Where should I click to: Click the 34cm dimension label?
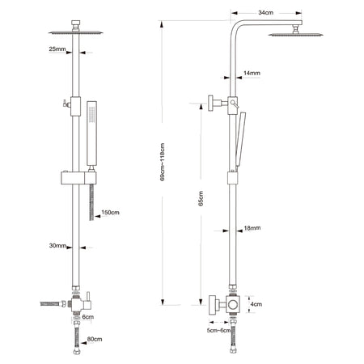265,12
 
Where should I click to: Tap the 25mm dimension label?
57,49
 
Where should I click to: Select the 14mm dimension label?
252,73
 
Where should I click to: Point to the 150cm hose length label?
110,212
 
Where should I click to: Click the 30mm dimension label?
57,245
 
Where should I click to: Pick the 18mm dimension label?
252,228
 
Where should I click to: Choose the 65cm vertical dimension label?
201,198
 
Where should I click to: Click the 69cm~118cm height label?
163,162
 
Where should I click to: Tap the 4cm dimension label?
256,304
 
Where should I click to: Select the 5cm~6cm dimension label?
219,330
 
